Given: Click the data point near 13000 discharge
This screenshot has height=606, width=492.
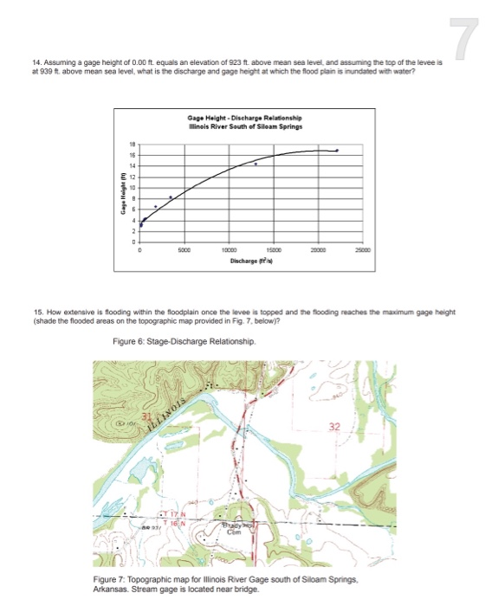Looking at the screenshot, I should (x=256, y=164).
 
